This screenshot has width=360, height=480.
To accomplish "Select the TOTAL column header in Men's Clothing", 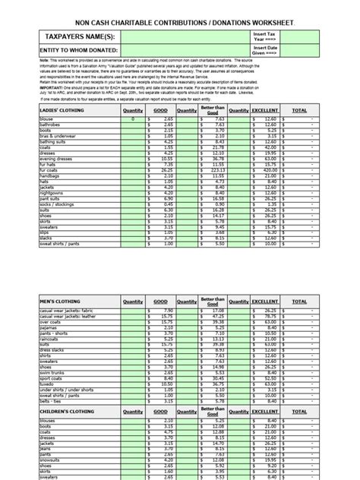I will tap(321, 302).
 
